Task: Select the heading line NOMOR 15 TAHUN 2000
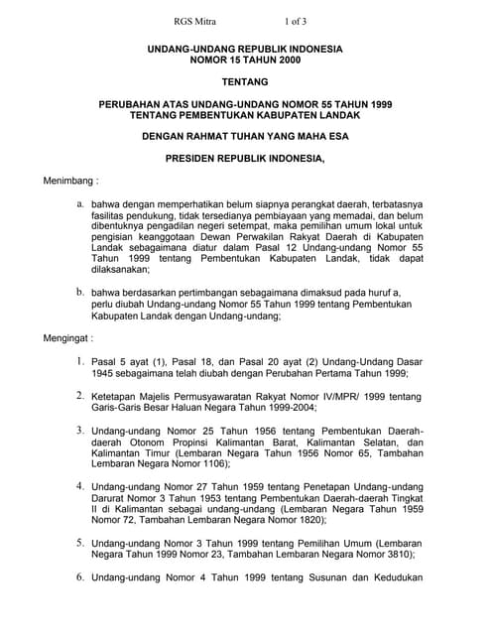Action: click(x=245, y=60)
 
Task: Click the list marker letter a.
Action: click(x=80, y=202)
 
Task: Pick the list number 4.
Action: click(x=79, y=486)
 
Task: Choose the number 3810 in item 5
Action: click(x=390, y=556)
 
